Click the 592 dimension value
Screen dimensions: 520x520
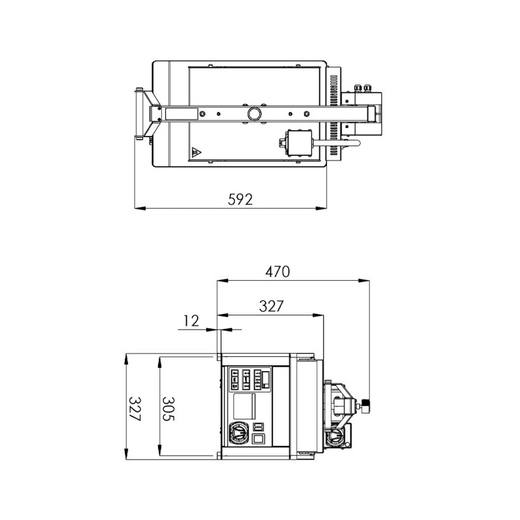pyautogui.click(x=240, y=199)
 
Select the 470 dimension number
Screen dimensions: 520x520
pyautogui.click(x=278, y=272)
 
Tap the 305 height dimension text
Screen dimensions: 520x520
pyautogui.click(x=168, y=409)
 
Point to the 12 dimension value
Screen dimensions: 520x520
pyautogui.click(x=191, y=320)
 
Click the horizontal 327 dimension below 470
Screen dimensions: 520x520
pyautogui.click(x=271, y=306)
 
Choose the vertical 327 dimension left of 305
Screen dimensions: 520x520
pyautogui.click(x=135, y=409)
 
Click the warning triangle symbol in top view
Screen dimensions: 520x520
pyautogui.click(x=196, y=153)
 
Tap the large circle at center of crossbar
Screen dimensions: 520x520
pyautogui.click(x=254, y=114)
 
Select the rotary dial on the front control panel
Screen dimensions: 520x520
pyautogui.click(x=238, y=433)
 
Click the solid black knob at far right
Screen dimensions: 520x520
pyautogui.click(x=366, y=405)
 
